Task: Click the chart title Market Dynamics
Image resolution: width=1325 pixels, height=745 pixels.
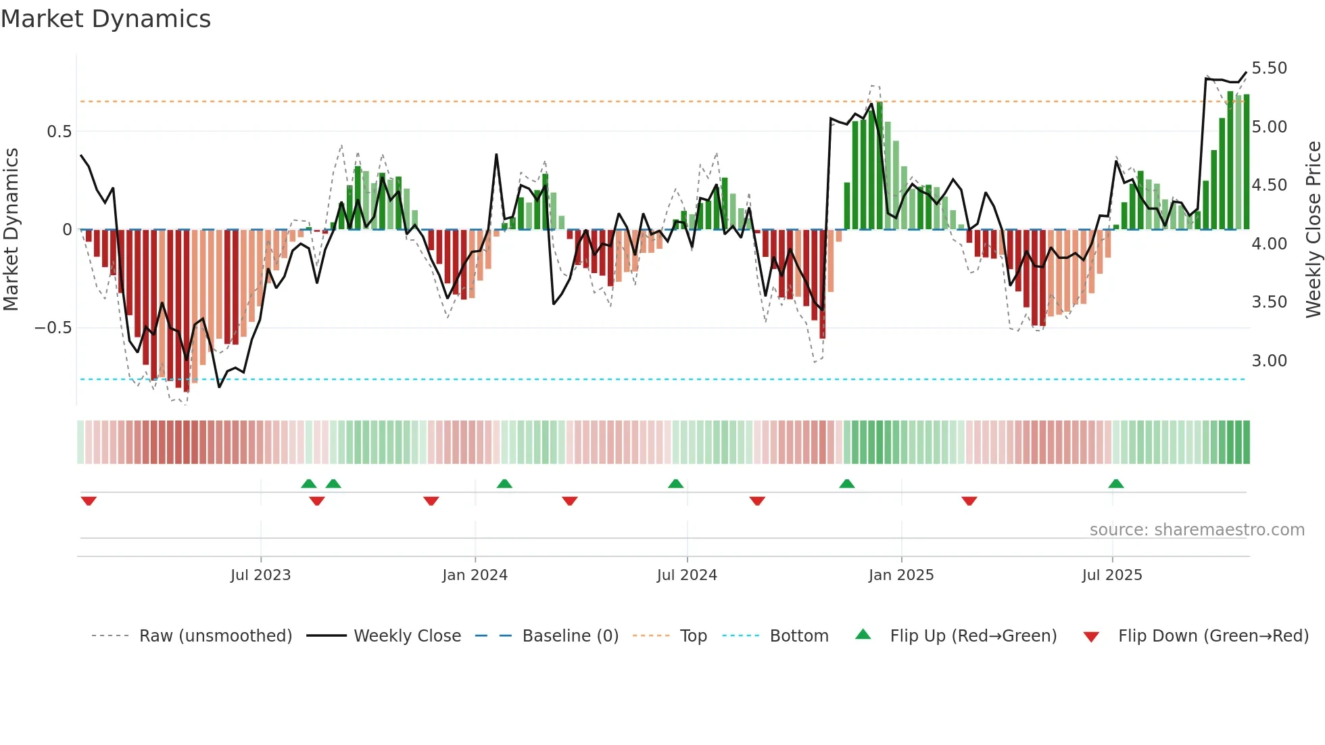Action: click(x=105, y=19)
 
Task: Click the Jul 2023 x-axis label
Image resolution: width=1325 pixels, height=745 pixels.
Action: click(x=260, y=575)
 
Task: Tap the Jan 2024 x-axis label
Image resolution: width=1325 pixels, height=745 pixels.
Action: click(x=475, y=575)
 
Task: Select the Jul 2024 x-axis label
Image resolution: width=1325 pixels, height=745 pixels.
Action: click(x=687, y=575)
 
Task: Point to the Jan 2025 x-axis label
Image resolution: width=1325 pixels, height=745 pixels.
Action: click(x=901, y=575)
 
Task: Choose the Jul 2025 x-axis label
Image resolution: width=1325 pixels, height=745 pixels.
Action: click(x=1112, y=575)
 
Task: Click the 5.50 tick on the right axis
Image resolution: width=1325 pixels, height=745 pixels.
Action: click(x=1269, y=68)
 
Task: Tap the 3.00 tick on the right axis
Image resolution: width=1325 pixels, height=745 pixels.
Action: click(x=1269, y=361)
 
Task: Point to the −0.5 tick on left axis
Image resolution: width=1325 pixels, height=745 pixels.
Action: click(x=53, y=328)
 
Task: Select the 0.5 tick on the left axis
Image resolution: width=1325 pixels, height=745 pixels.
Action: click(x=59, y=132)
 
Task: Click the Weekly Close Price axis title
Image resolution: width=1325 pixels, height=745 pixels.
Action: click(x=1313, y=229)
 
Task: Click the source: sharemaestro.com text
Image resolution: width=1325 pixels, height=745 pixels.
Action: click(x=1197, y=530)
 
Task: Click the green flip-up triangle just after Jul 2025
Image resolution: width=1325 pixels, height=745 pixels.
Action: click(x=1116, y=484)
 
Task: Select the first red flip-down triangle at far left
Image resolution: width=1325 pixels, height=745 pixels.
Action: click(x=89, y=501)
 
